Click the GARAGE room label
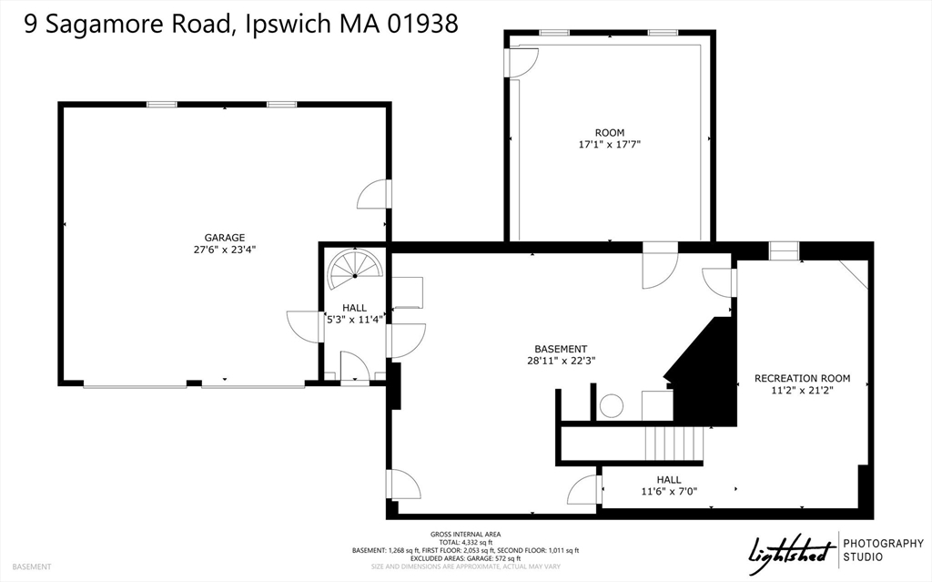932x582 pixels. coord(224,238)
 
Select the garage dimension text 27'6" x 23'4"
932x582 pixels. coord(224,250)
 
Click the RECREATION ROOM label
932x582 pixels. coord(802,378)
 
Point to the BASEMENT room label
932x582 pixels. coord(560,349)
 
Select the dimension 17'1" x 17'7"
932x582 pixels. coord(610,145)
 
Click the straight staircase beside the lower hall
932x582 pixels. coord(674,444)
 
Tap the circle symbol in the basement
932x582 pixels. coord(611,405)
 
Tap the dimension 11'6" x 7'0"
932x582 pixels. coord(668,492)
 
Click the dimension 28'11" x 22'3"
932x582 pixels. coord(560,361)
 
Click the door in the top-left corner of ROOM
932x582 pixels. coord(523,61)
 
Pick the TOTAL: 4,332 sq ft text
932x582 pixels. coord(465,542)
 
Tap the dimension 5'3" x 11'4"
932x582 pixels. coord(355,320)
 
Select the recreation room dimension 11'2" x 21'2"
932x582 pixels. coord(802,391)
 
